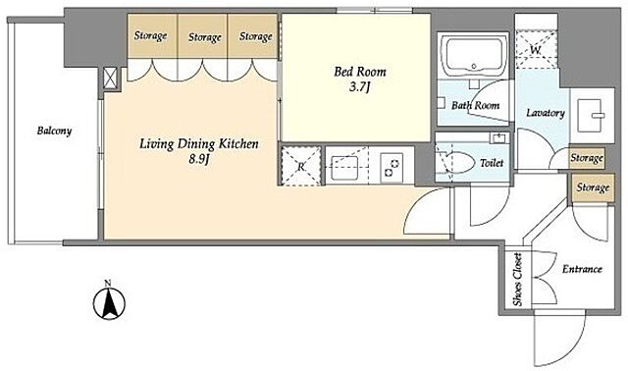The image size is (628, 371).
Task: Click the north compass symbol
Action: (109, 301)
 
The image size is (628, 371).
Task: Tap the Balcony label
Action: (55, 131)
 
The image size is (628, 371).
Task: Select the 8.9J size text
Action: (199, 159)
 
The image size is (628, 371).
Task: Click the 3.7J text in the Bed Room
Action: (359, 87)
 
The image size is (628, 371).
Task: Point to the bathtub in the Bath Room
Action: (473, 56)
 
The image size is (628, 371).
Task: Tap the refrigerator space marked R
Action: (301, 166)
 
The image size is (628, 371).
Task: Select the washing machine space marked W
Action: (536, 50)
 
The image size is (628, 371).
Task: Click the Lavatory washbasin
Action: (590, 116)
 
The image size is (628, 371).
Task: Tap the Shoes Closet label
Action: (517, 280)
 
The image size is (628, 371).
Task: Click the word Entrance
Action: (582, 269)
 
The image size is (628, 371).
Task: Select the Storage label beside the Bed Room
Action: (255, 36)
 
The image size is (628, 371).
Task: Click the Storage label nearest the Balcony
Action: (150, 35)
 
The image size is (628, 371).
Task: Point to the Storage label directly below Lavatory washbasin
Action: (587, 158)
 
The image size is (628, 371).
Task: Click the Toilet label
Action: (492, 163)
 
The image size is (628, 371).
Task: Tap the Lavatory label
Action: (546, 113)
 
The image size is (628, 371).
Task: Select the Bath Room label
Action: (475, 105)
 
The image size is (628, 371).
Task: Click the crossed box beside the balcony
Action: (110, 78)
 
